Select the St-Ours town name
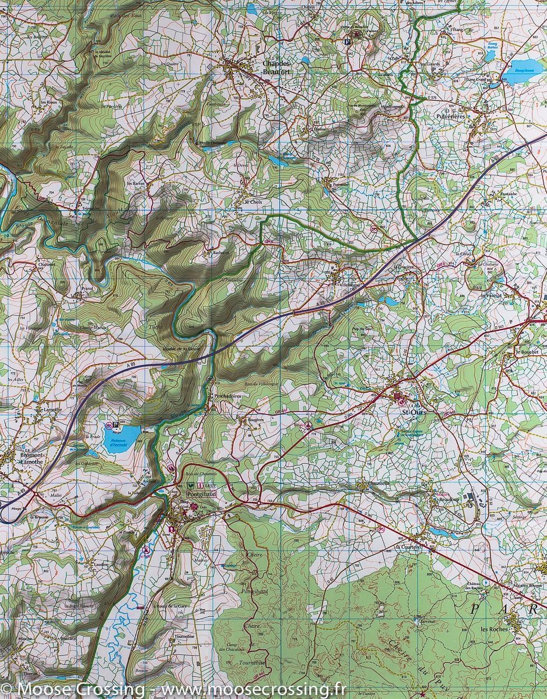point(414,412)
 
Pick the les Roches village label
point(494,629)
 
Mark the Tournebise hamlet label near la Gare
point(184,637)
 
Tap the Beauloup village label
point(445,499)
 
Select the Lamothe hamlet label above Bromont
point(52,409)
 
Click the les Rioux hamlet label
point(48,103)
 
